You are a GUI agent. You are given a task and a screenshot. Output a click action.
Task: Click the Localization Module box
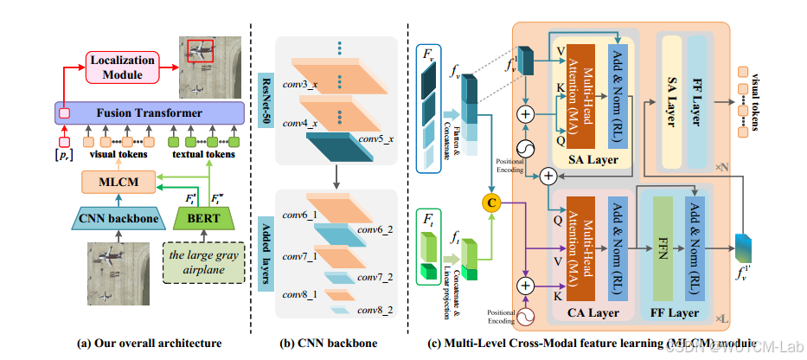click(x=124, y=68)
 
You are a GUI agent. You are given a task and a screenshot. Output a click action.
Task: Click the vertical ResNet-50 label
click(x=265, y=82)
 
